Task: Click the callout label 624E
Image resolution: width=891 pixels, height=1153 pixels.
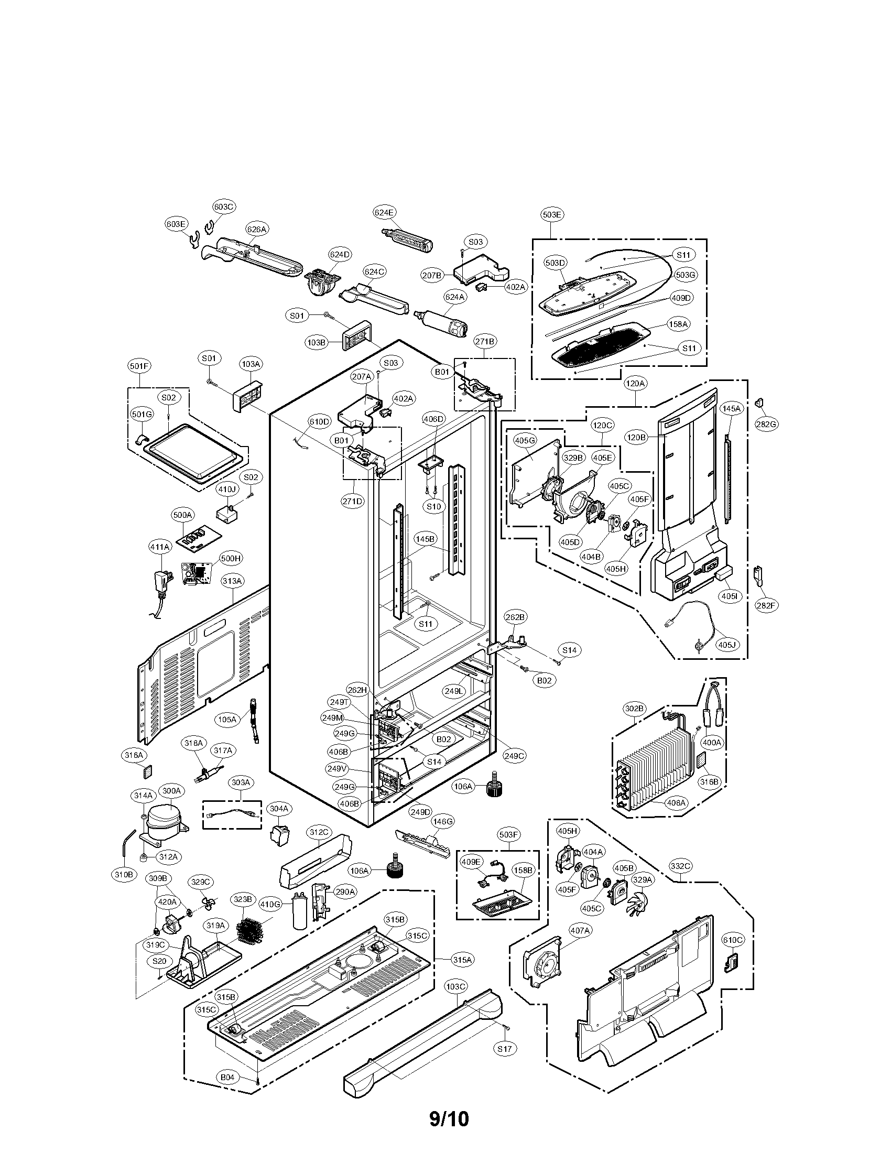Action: click(x=384, y=212)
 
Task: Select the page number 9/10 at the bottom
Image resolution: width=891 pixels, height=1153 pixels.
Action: click(x=449, y=1118)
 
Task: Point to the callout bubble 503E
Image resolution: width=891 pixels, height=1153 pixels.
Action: click(x=552, y=214)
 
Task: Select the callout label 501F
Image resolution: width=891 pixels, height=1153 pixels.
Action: click(x=139, y=365)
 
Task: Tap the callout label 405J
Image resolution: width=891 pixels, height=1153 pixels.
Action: click(x=727, y=645)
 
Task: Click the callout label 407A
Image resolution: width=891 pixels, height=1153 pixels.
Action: click(x=580, y=931)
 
